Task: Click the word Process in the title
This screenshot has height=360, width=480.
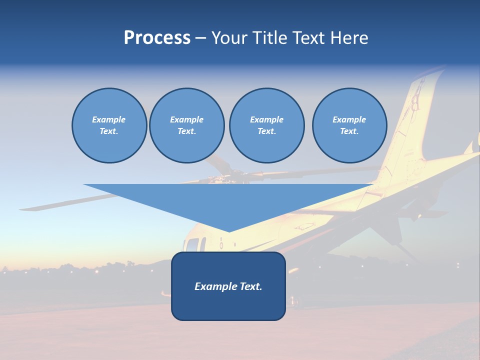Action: point(157,38)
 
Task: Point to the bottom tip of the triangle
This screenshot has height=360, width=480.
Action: point(229,230)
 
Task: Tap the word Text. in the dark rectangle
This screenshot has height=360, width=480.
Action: point(249,286)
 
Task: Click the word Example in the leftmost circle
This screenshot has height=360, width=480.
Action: point(109,119)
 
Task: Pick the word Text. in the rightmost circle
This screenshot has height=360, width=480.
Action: point(349,131)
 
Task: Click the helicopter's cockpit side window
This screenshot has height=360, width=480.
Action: point(192,245)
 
